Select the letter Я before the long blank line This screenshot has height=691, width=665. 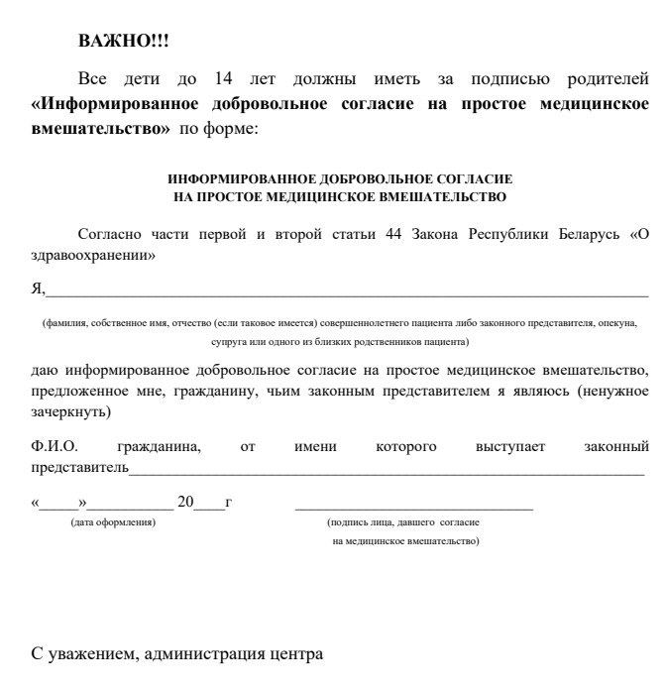[x=37, y=288]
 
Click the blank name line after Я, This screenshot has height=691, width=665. [x=347, y=294]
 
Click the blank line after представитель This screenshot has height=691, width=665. [x=387, y=473]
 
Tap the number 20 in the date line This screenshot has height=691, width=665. [x=185, y=503]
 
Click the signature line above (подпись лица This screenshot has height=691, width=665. [x=413, y=508]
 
